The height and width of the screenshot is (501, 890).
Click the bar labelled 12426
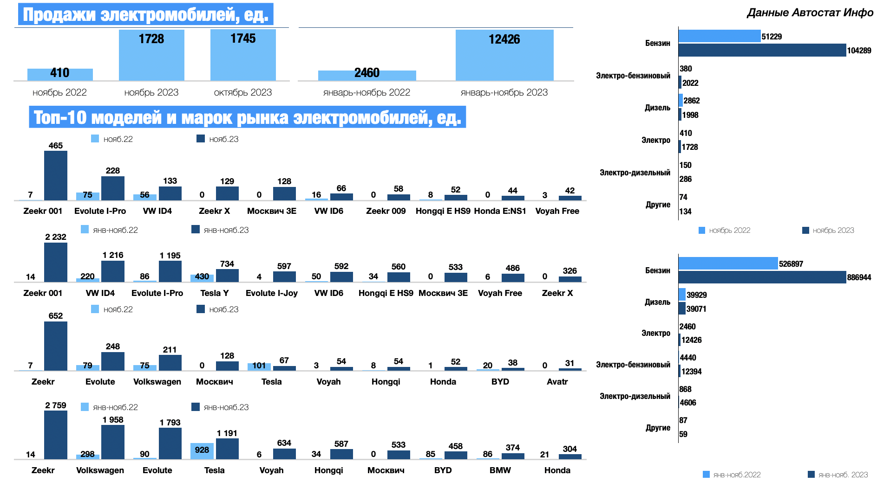click(504, 56)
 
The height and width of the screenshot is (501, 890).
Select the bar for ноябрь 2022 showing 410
click(60, 74)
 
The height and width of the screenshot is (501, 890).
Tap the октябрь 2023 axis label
click(243, 92)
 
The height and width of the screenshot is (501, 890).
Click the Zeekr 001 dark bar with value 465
click(56, 176)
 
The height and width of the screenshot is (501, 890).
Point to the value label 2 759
click(56, 405)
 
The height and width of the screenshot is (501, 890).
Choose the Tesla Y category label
click(214, 293)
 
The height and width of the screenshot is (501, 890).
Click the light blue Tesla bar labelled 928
click(202, 450)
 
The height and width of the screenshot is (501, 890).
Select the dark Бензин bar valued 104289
click(762, 50)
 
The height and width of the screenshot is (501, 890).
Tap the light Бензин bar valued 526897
click(728, 263)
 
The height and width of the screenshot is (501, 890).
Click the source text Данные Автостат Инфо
click(810, 13)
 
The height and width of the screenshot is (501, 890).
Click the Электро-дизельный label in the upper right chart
click(635, 173)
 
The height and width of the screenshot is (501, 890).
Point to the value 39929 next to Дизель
click(697, 295)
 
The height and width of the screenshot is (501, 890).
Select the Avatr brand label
click(557, 382)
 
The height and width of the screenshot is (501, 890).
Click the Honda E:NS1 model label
click(500, 211)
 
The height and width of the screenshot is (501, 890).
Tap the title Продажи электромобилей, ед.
click(145, 14)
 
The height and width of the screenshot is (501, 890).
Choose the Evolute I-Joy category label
click(271, 293)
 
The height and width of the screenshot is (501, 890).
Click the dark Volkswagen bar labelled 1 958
click(113, 442)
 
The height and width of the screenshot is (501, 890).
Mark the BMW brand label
click(500, 470)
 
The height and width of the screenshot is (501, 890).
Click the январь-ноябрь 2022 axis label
click(366, 92)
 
